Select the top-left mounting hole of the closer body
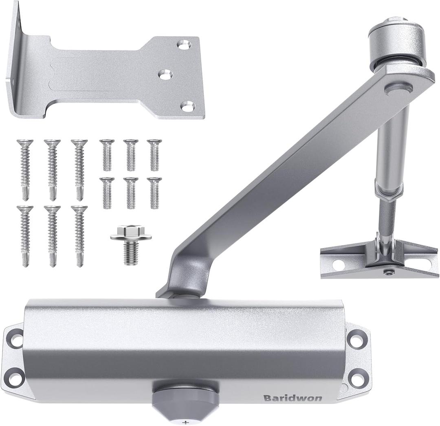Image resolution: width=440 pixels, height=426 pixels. (17, 340)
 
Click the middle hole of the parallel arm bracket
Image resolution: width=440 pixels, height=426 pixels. (165, 75)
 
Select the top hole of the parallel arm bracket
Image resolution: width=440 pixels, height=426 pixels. (184, 45)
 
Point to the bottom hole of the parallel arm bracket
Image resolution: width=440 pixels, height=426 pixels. (186, 107)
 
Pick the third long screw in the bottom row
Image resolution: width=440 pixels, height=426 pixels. (79, 236)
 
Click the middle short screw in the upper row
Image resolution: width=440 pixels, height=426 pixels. (131, 155)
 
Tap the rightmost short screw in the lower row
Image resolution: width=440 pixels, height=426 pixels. (154, 193)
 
